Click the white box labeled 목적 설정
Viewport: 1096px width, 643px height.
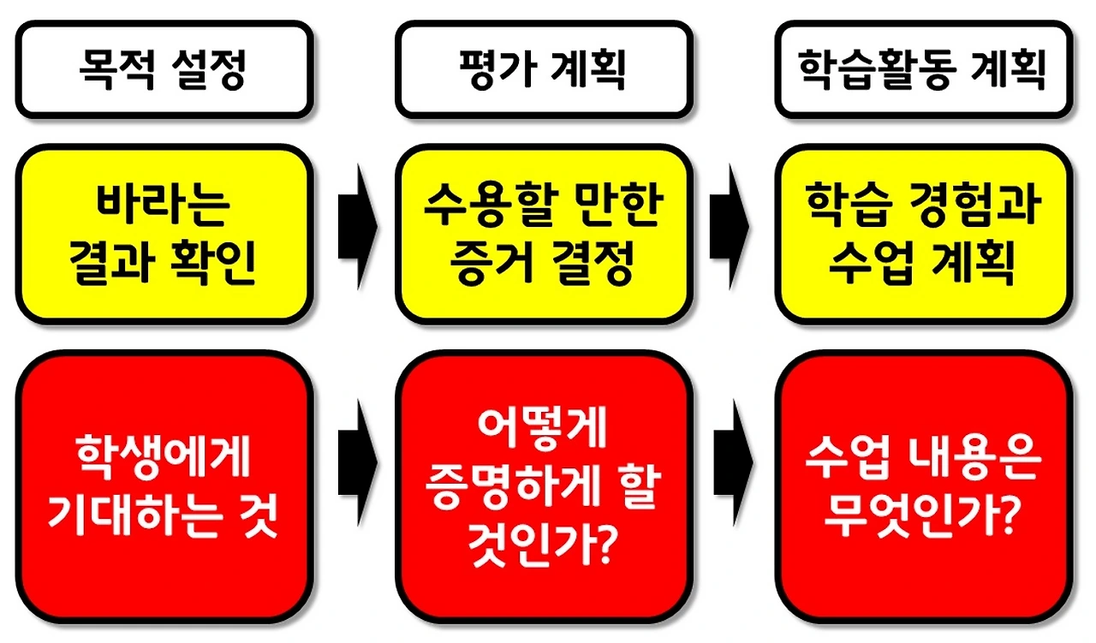[163, 69]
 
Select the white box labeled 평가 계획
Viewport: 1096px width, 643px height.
[543, 69]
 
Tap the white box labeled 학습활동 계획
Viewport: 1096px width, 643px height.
[922, 69]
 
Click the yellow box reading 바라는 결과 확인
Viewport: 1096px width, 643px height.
[163, 234]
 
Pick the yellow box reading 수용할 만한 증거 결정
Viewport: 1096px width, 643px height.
[543, 234]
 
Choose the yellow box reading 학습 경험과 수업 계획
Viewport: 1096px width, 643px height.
[922, 234]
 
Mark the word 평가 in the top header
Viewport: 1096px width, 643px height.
[499, 69]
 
